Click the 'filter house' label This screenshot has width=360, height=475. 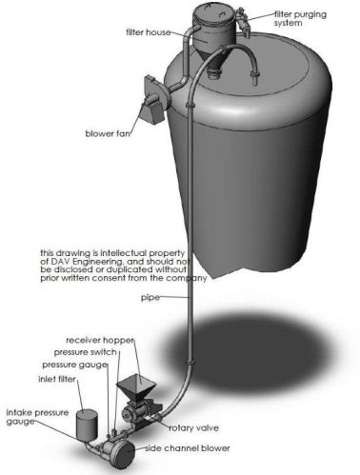click(x=149, y=32)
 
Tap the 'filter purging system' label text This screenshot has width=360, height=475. click(x=300, y=19)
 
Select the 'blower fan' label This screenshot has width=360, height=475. click(x=108, y=133)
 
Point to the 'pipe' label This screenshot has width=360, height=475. click(x=150, y=298)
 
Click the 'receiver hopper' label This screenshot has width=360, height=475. click(x=100, y=340)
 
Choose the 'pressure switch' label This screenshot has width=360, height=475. click(x=85, y=352)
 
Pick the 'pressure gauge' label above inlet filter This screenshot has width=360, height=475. click(x=74, y=365)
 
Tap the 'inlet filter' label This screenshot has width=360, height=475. click(x=57, y=379)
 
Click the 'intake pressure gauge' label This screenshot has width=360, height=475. click(x=37, y=417)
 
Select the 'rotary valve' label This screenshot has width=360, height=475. click(x=193, y=428)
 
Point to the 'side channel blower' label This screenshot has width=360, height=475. click(x=188, y=448)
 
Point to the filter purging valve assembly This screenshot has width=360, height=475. click(x=243, y=20)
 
